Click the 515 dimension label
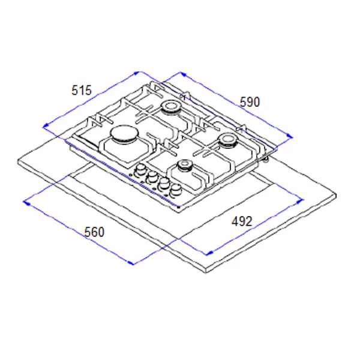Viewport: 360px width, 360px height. point(82,90)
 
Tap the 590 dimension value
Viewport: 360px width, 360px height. point(250,102)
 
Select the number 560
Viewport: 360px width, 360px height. point(94,232)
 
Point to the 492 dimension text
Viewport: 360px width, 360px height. point(242,221)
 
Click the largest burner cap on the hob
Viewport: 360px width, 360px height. point(124,134)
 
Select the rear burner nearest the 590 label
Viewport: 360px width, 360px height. point(170,107)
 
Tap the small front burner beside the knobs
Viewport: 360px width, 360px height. point(184,166)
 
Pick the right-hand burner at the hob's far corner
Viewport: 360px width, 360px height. point(228,140)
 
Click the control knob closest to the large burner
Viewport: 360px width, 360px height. point(140,171)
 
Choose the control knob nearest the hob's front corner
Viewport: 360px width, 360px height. point(175,190)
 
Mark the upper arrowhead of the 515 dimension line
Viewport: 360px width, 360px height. point(137,73)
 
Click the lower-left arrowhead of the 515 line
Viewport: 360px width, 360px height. point(46,125)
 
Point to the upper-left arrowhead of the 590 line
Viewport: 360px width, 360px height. point(183,74)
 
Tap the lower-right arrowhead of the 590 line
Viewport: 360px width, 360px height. point(290,136)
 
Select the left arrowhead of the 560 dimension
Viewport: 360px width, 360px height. point(26,203)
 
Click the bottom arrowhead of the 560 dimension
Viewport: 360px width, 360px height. point(130,263)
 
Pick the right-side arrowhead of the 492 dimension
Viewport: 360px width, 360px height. point(300,202)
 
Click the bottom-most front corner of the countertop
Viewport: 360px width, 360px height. point(206,273)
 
